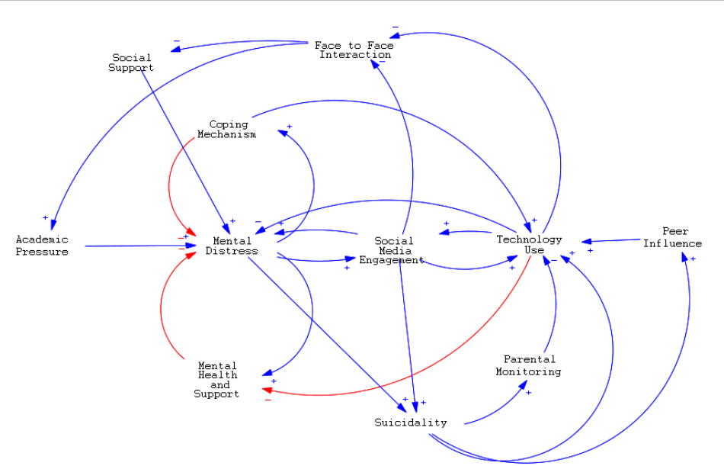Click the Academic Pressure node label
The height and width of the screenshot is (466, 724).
coord(42,246)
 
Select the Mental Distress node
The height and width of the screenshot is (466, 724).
coord(232,246)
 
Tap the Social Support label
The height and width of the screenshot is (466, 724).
coord(131,62)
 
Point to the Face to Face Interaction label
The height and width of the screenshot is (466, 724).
coord(354,50)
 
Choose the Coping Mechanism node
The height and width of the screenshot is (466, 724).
coord(227,129)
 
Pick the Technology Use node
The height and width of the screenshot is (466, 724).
coord(529,244)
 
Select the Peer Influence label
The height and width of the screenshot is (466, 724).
coord(672,237)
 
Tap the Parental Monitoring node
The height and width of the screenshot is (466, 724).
coord(528,365)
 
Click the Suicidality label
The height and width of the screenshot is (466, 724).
coord(410,422)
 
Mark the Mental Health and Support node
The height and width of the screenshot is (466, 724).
coord(217,380)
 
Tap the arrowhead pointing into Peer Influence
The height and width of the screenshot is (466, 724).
coord(685,259)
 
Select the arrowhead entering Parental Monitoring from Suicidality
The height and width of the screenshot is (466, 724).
coord(523,385)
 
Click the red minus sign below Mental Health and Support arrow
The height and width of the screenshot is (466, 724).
coord(267,400)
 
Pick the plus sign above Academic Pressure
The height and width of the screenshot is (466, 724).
coord(45,218)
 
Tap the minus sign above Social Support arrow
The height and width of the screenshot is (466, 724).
coord(177,41)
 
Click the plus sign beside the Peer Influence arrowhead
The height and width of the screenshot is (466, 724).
coord(693,259)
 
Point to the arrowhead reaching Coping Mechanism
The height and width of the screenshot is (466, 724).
coord(283,133)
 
